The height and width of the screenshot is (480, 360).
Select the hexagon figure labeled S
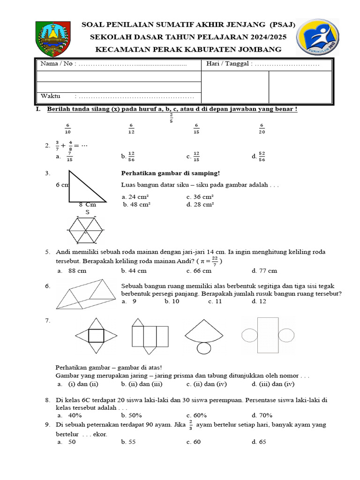[x=87, y=230]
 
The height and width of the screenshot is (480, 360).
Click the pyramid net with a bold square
[x=96, y=336]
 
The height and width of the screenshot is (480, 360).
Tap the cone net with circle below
[x=204, y=337]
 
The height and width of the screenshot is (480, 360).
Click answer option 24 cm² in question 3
[x=135, y=196]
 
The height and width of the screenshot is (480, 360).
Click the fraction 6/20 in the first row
[x=262, y=128]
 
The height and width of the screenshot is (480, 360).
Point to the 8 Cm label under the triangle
[x=87, y=205]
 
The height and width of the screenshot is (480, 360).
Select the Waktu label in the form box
[x=51, y=96]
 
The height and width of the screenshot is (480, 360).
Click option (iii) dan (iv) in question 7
[x=277, y=384]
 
